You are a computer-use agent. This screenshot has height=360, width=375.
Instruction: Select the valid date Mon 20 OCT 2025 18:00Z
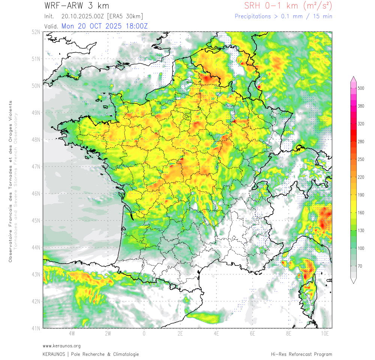[105, 26]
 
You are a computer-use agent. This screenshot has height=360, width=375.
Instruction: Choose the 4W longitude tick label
[72, 333]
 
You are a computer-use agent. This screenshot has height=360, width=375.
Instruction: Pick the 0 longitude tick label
[144, 333]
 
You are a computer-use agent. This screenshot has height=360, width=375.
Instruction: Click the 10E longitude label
[325, 333]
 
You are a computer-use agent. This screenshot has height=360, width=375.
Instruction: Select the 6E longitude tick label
[253, 333]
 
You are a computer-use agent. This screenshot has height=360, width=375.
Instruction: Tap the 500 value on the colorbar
[361, 88]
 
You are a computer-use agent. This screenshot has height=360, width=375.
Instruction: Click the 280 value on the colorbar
[361, 141]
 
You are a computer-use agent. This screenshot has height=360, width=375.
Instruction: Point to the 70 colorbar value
[360, 266]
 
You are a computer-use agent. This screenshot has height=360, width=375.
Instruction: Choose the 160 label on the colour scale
[361, 213]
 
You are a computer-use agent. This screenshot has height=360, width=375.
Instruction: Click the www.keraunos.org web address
[61, 346]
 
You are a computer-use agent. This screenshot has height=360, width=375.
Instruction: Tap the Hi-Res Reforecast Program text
[301, 354]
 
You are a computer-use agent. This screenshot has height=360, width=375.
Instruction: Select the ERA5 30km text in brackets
[125, 16]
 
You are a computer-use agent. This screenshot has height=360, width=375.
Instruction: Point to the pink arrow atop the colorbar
[353, 79]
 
